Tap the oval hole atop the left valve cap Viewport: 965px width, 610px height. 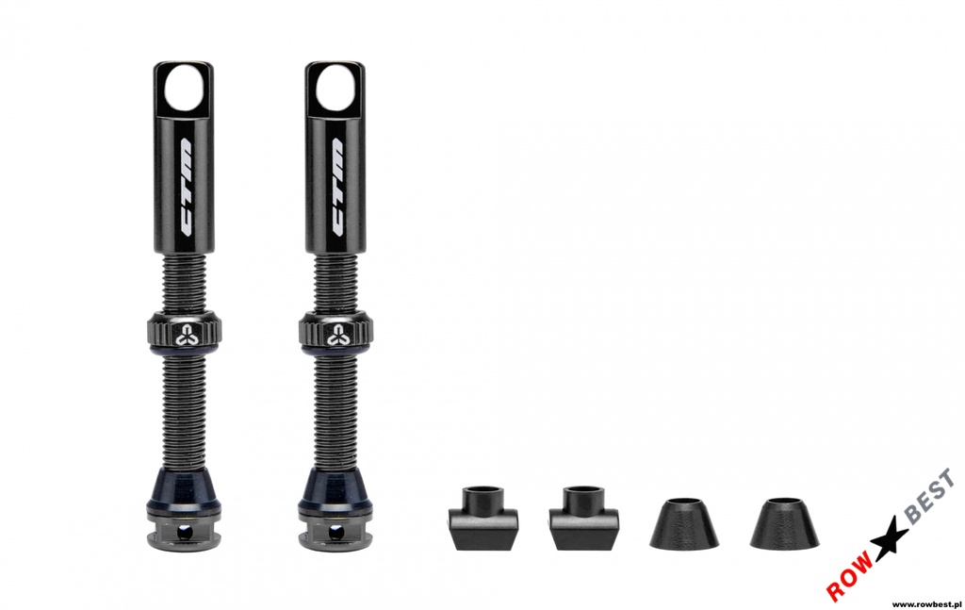tap(185, 87)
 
